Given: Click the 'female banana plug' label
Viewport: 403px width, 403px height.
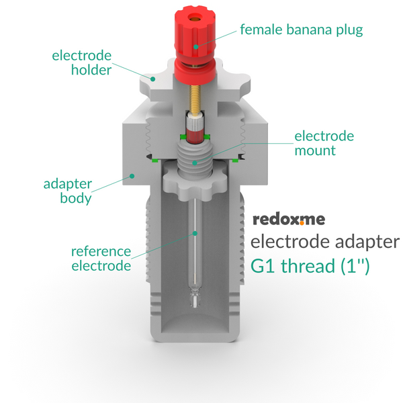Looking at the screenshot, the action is [x=301, y=30].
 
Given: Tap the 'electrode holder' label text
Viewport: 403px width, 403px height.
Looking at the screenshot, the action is [x=82, y=62].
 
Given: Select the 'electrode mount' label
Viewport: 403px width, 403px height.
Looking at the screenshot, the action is [x=324, y=143].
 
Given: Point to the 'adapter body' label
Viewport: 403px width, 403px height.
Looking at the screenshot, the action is [x=68, y=191].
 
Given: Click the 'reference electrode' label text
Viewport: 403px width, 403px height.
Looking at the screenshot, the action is [x=101, y=259].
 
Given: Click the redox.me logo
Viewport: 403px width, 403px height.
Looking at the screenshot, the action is [x=289, y=220].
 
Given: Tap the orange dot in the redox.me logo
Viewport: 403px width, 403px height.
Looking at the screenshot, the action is [x=302, y=223].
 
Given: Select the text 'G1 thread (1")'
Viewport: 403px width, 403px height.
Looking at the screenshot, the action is [x=310, y=266].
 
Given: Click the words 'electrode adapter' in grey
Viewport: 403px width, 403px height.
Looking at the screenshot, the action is [x=325, y=242].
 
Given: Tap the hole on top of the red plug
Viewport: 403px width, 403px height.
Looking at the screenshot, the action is [x=194, y=18].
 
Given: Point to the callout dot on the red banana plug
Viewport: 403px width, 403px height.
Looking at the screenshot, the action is [x=196, y=47].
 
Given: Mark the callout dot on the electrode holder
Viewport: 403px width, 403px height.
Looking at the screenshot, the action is [x=152, y=79].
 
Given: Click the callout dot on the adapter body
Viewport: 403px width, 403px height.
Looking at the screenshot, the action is [x=132, y=176].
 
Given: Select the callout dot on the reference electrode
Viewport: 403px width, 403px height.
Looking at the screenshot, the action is [x=195, y=233].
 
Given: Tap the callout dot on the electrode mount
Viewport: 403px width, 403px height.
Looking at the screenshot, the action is [x=195, y=163].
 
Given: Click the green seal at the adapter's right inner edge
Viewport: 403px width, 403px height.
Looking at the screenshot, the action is [x=235, y=161].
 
